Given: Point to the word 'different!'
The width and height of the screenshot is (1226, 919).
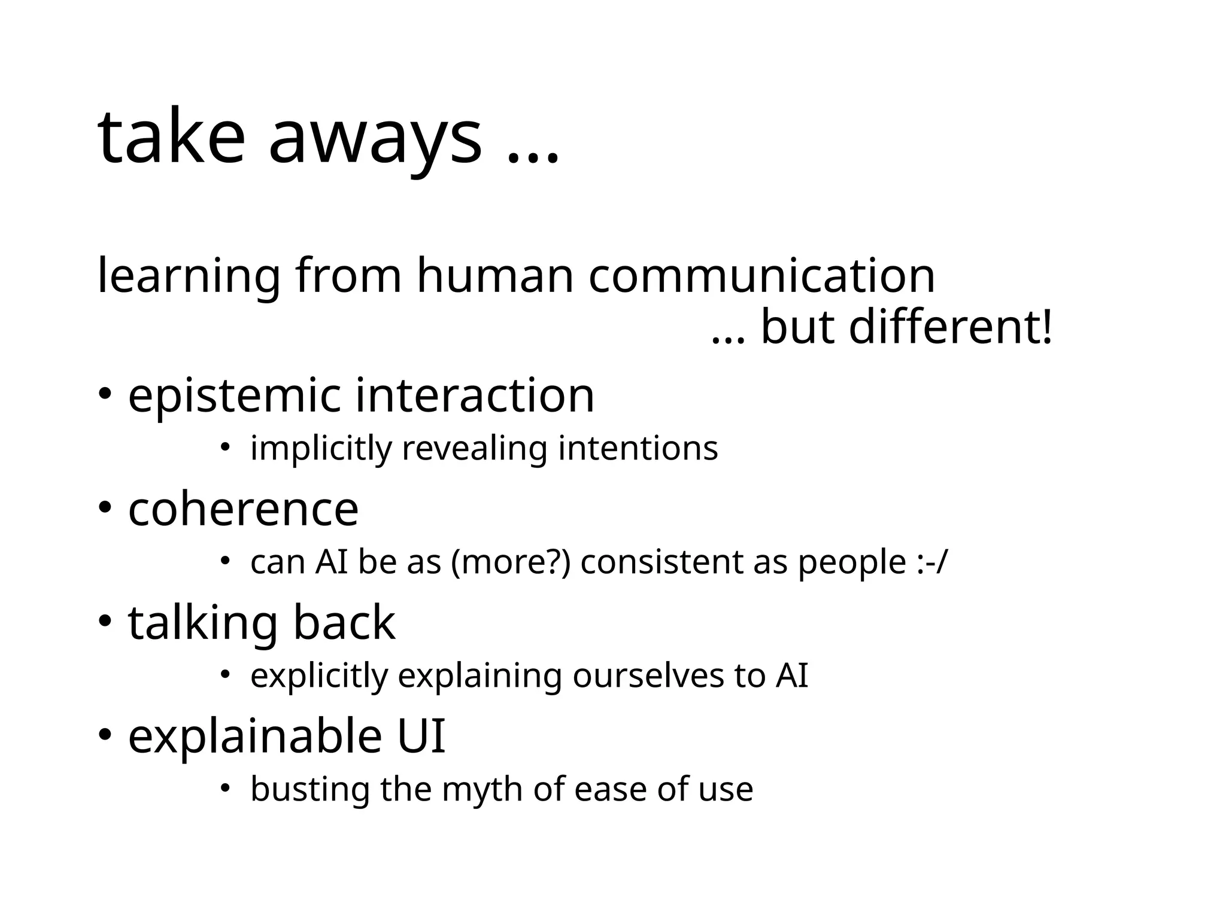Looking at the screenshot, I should [x=950, y=328].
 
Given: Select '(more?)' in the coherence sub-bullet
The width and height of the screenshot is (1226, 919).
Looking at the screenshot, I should [x=511, y=562].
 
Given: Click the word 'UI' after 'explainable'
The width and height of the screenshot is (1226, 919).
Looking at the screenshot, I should [x=421, y=735].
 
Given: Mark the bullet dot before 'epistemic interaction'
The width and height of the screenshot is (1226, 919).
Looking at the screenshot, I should [x=105, y=394].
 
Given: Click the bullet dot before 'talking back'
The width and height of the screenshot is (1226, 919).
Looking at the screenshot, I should [x=105, y=622].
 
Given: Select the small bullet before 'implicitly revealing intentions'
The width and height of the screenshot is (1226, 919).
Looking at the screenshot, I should [x=224, y=446].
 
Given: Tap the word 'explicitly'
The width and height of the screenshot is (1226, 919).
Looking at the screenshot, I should [x=319, y=676].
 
